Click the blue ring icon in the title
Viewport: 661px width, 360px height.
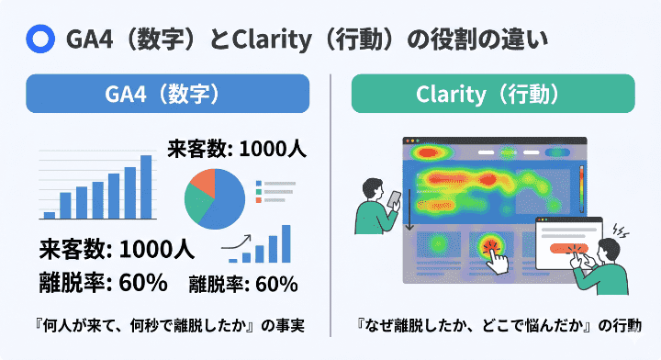tap(40, 38)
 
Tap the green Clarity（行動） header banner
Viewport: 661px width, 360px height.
tap(493, 94)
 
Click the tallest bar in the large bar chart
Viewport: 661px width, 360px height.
tap(146, 186)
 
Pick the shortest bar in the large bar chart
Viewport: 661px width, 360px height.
tap(50, 215)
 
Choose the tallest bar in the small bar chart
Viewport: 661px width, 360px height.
tap(286, 242)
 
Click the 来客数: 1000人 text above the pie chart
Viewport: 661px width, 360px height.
tap(236, 148)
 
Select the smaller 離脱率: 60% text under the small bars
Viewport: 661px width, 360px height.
tap(244, 284)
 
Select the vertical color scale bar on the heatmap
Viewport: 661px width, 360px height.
tap(580, 188)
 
